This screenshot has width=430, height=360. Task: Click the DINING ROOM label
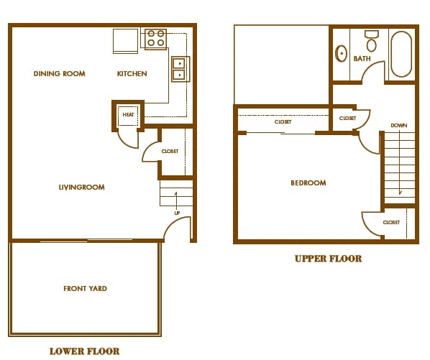59,73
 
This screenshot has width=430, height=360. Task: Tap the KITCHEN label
132,73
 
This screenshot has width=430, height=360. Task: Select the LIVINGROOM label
82,187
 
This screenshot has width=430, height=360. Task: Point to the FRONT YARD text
85,288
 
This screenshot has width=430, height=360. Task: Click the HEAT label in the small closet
128,114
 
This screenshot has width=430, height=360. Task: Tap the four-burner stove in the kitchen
155,39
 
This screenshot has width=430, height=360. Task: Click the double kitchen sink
180,69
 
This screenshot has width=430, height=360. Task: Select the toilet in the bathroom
371,41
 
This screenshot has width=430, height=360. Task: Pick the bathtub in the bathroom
401,54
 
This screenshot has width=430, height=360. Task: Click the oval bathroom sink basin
341,53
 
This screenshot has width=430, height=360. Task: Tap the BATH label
362,59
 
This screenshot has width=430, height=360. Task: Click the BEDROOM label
308,183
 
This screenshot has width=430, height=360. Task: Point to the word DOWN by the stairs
399,126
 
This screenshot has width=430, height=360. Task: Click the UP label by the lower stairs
177,213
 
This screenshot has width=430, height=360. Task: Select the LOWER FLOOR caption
84,351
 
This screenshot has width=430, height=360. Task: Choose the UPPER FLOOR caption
329,259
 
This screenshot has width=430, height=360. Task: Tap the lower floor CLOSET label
170,151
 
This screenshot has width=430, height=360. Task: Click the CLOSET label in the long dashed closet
283,121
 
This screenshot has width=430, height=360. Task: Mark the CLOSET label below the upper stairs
391,223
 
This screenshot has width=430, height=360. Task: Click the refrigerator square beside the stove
125,41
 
